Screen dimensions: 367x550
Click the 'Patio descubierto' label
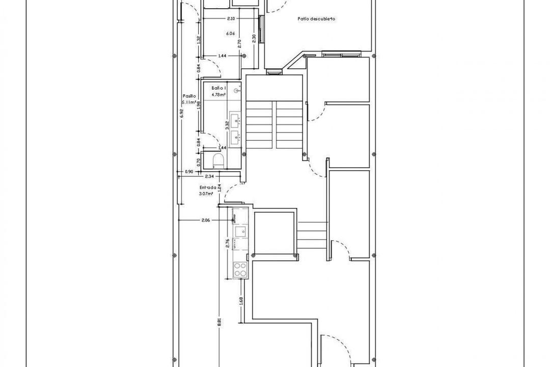(316, 19)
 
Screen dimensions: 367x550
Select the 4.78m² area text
(219, 93)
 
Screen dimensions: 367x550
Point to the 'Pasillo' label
(189, 96)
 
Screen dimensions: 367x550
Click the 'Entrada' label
(208, 187)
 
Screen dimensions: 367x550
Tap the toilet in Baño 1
(216, 161)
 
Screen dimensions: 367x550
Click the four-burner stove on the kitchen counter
(239, 270)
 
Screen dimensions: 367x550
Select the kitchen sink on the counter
(239, 232)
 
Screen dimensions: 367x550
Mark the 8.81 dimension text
(219, 322)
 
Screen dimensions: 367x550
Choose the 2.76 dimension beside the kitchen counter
(228, 243)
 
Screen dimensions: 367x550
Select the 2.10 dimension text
(231, 19)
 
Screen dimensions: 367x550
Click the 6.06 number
(230, 34)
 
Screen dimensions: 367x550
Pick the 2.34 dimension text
(209, 176)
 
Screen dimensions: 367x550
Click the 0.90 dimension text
(189, 172)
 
